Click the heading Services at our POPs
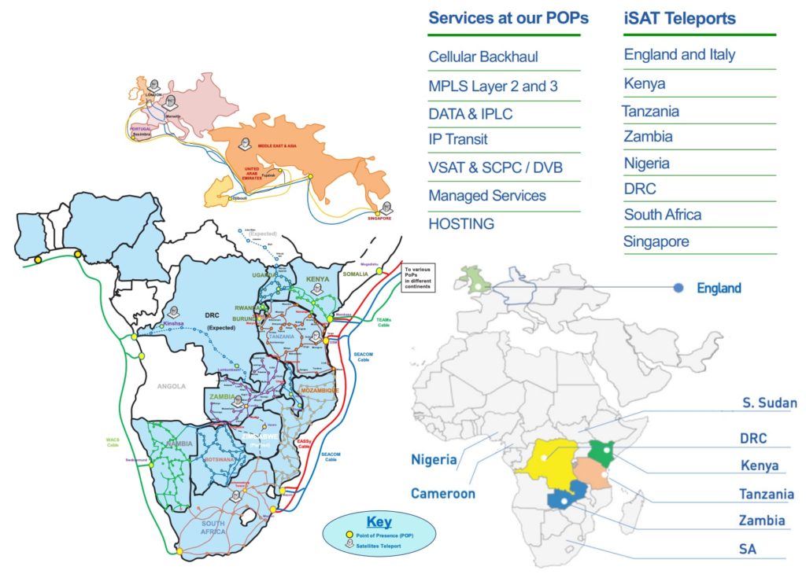point(508,18)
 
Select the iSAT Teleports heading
point(680,18)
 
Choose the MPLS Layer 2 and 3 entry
point(494,86)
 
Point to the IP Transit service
point(458,139)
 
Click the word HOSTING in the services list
point(461,224)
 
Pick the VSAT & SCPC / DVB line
point(496,168)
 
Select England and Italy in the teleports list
point(680,54)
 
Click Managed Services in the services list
point(487,195)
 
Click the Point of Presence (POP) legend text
point(384,535)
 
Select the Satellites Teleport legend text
point(378,546)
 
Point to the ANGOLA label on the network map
point(171,386)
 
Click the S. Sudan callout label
point(770,403)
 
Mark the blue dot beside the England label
point(678,288)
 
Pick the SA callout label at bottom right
point(747,550)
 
